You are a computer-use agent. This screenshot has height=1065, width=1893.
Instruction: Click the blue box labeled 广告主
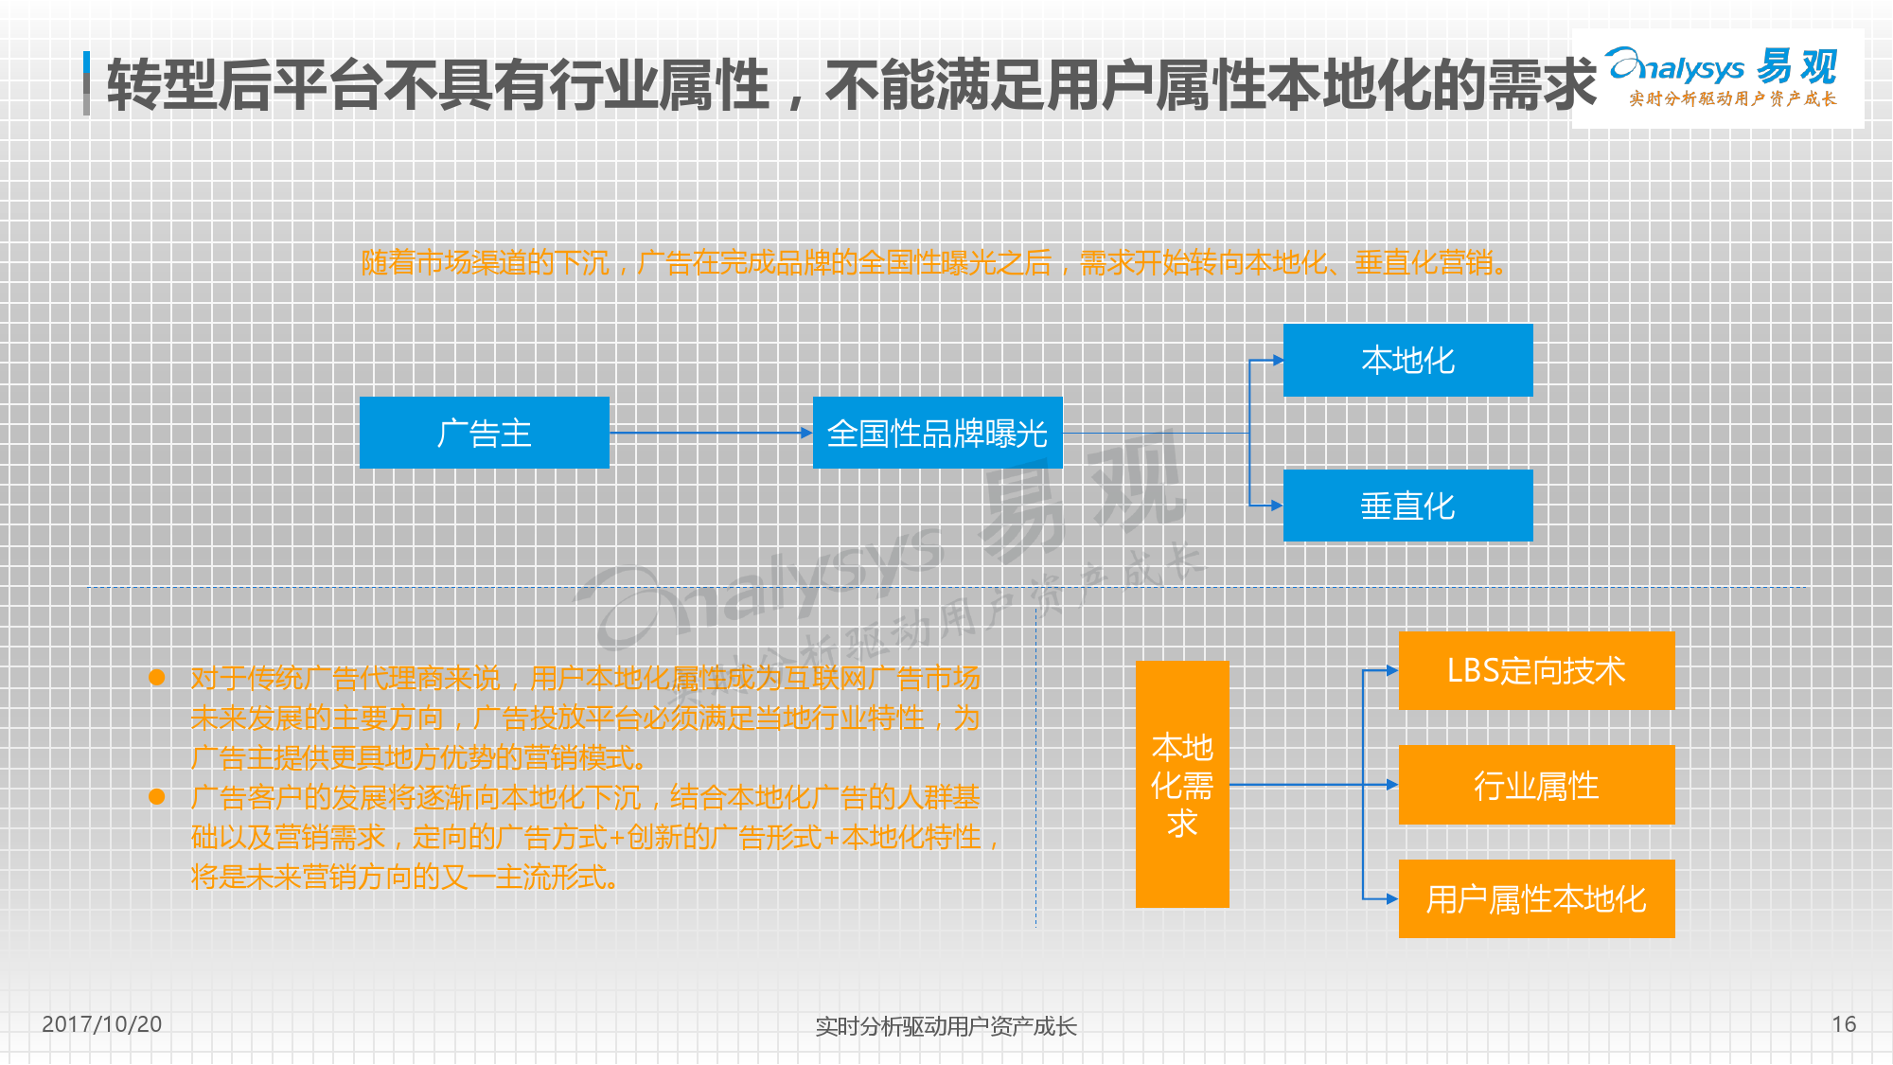pos(484,433)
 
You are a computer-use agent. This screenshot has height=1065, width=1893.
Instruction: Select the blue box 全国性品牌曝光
pos(937,433)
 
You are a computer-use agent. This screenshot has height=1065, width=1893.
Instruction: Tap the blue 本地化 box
pos(1407,360)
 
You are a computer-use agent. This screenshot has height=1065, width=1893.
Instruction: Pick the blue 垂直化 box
pos(1407,506)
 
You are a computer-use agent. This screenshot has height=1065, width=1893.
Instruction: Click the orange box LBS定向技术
pos(1536,670)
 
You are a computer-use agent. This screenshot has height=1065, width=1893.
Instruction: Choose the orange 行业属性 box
pos(1536,785)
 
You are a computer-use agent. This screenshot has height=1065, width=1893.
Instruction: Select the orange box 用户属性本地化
pos(1536,898)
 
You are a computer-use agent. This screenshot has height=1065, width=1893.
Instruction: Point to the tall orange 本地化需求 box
pos(1182,784)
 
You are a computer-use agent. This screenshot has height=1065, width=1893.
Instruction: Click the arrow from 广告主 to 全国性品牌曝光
pos(711,433)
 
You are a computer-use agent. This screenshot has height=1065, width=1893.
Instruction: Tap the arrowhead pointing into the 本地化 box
pos(1278,360)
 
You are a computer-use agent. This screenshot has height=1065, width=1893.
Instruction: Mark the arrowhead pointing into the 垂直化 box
pos(1278,506)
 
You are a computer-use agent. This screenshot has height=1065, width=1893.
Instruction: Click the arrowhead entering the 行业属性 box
pos(1392,785)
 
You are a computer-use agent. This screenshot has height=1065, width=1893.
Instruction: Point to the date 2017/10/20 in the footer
pos(102,1024)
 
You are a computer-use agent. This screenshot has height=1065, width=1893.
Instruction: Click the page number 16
pos(1844,1024)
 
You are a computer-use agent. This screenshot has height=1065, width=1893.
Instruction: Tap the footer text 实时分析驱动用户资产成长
pos(946,1026)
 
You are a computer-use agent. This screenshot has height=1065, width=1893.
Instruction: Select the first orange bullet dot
pos(157,677)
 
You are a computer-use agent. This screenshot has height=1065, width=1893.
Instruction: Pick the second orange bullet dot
pos(157,796)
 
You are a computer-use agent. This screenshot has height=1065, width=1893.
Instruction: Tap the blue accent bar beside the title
pos(86,83)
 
